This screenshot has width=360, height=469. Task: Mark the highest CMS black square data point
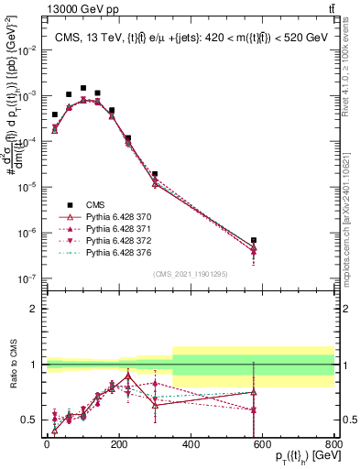[83, 88]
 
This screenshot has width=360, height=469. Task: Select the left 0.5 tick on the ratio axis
[31, 420]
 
